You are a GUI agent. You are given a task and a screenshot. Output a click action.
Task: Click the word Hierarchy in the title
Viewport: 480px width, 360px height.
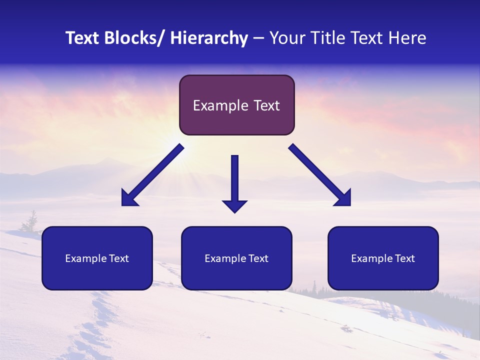tap(209, 38)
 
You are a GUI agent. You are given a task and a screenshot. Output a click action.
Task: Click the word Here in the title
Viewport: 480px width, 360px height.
tap(408, 38)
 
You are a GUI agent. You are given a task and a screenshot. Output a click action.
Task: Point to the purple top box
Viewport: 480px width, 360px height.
tap(236, 105)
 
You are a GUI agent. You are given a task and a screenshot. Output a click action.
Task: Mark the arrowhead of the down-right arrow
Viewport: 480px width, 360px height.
tap(343, 198)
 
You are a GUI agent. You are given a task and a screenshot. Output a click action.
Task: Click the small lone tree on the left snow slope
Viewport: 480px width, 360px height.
tap(32, 222)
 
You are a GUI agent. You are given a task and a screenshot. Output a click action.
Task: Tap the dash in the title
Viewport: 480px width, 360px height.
tap(258, 39)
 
